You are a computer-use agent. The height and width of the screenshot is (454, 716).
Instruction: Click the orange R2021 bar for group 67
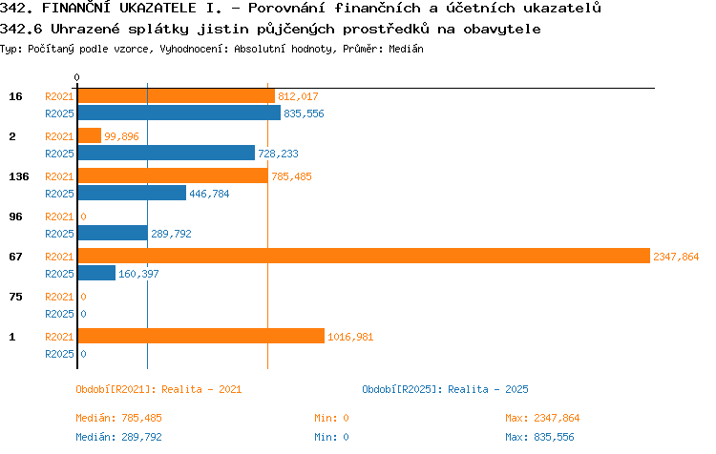(x=364, y=256)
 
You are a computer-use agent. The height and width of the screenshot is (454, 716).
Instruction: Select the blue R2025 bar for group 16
(x=179, y=113)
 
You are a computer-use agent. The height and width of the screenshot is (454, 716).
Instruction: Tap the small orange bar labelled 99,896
(x=90, y=135)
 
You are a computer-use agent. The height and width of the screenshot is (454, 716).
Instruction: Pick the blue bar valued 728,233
(x=166, y=153)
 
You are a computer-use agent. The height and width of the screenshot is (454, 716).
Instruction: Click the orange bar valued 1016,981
(x=201, y=336)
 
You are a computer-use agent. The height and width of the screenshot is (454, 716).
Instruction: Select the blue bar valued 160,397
(x=96, y=273)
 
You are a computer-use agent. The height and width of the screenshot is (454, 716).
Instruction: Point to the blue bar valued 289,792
(x=113, y=233)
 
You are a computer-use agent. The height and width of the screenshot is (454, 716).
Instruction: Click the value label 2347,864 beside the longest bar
(x=676, y=257)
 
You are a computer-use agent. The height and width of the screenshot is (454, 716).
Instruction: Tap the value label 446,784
(x=209, y=194)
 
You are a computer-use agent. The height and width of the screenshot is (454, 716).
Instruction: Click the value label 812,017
(x=298, y=96)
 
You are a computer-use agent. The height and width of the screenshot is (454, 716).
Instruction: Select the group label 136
(x=19, y=176)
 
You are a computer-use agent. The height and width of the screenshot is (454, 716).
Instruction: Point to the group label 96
(x=15, y=217)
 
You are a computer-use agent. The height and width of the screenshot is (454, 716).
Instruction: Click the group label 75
(x=15, y=297)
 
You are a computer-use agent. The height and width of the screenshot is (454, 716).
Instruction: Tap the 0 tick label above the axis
(x=76, y=77)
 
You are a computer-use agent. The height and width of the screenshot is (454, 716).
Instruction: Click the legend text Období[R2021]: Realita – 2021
(x=158, y=389)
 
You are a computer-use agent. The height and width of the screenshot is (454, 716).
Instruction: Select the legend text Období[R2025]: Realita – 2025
(x=445, y=389)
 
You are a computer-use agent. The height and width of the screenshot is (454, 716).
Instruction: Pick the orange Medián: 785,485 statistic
(x=118, y=418)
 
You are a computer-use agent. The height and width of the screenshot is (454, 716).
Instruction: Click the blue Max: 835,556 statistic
(x=539, y=437)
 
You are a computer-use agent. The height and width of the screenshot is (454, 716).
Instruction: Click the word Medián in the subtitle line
(x=406, y=49)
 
